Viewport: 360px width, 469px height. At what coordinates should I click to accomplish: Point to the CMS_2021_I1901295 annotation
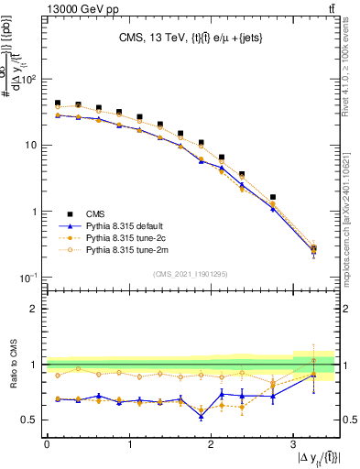(x=190, y=274)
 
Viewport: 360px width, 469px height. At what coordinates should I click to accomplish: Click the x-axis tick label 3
(x=292, y=444)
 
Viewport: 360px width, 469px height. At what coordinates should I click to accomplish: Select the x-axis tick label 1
(x=128, y=444)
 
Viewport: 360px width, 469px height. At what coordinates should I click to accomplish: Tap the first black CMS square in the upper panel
(x=58, y=104)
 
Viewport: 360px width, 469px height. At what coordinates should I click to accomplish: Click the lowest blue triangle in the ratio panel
(x=201, y=416)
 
